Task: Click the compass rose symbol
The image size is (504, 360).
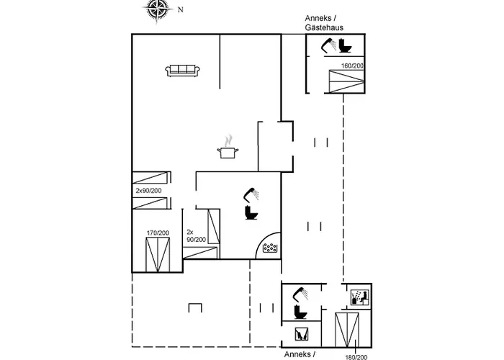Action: (x=158, y=9)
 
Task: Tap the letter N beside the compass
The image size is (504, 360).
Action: (x=180, y=9)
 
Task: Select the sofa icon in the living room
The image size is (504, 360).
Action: (x=183, y=71)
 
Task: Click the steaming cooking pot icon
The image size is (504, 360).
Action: (x=228, y=147)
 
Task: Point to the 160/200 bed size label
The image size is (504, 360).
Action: (x=352, y=66)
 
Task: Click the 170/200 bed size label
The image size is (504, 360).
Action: (x=158, y=233)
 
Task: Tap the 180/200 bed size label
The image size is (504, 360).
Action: (x=356, y=357)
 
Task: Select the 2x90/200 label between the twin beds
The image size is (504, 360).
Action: (x=148, y=191)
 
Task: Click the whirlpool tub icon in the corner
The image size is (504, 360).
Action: (x=270, y=248)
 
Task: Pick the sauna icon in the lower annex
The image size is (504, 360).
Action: (x=360, y=297)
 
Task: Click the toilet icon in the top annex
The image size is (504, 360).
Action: (x=345, y=45)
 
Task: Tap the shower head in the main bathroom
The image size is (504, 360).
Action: (x=251, y=194)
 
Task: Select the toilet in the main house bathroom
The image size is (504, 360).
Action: (x=251, y=212)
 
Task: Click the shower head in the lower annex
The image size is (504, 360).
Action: (x=300, y=294)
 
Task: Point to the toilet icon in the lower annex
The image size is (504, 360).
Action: (x=300, y=312)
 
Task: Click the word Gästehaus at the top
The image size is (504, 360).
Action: (x=324, y=27)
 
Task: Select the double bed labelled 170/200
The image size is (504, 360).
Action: (x=158, y=255)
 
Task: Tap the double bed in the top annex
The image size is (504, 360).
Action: (x=346, y=81)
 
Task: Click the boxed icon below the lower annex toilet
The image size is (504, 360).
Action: (x=302, y=334)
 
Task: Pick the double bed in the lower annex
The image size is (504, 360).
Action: (x=347, y=330)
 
